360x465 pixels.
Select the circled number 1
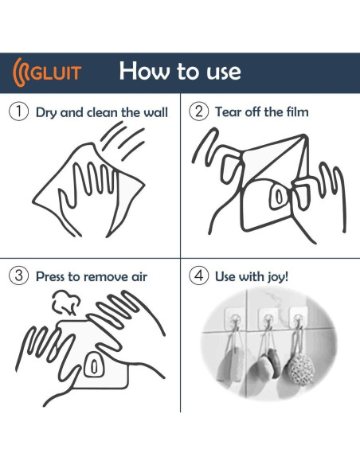18,111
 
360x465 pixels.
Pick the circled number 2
198,111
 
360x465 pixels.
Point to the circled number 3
18,275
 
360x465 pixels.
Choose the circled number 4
198,275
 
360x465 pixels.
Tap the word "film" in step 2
297,112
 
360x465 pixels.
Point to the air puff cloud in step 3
66,303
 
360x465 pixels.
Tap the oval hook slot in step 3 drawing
94,367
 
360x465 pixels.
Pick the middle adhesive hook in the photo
268,319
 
